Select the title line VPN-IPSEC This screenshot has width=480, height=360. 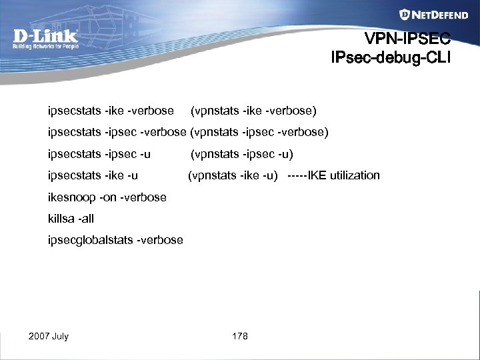408,38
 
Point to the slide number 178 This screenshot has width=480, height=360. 240,336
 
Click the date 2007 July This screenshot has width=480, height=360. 49,336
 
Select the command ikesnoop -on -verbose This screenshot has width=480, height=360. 107,197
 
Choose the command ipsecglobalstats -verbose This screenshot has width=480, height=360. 115,240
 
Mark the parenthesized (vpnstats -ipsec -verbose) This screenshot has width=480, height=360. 259,132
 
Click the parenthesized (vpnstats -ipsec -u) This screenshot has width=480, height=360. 242,155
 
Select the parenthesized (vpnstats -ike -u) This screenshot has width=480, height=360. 233,176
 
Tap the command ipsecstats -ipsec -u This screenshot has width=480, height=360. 99,155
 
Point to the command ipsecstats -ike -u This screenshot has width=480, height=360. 93,176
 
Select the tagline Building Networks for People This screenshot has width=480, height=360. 45,47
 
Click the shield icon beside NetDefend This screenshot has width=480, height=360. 405,15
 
